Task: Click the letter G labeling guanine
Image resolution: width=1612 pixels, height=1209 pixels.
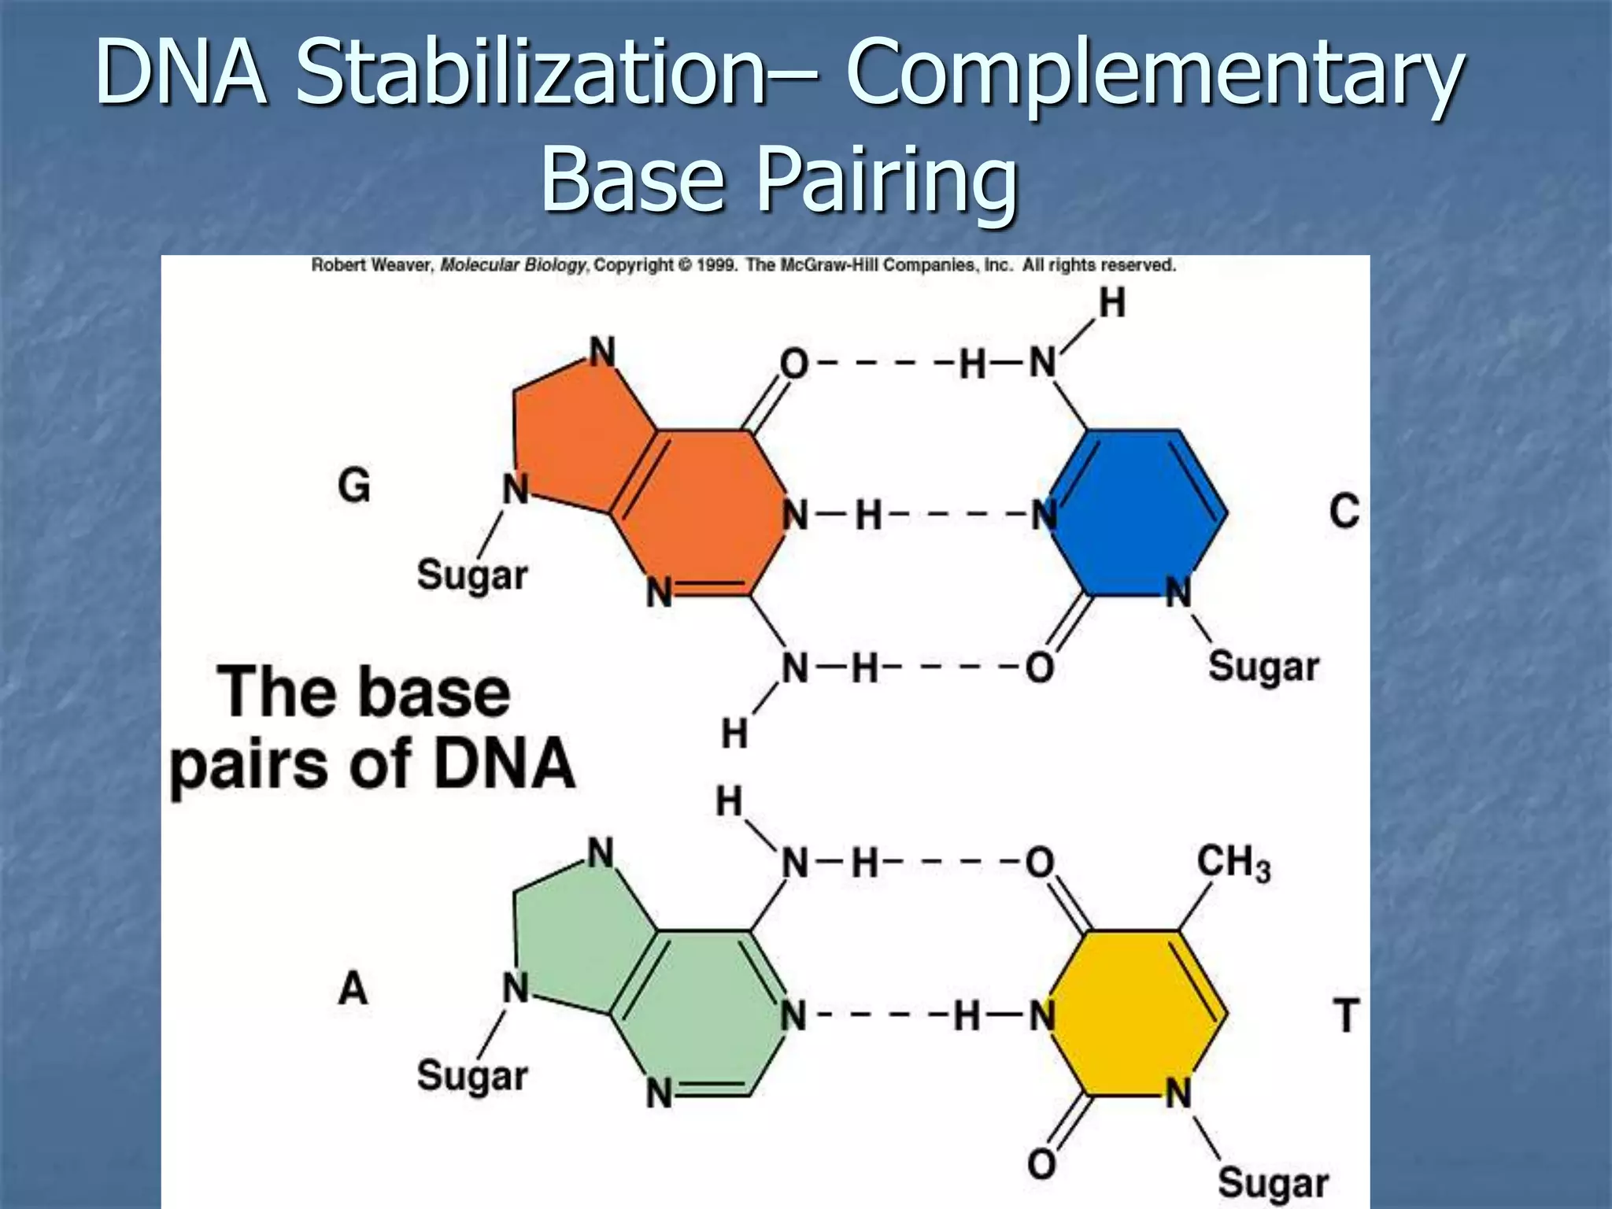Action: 354,485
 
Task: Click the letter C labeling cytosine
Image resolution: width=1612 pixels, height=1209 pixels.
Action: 1344,511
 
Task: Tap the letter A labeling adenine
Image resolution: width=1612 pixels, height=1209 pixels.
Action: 353,988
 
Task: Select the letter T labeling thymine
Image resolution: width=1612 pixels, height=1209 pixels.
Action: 1347,1015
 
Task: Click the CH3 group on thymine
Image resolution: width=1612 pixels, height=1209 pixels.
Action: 1233,863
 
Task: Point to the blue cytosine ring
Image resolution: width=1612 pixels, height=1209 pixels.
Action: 1137,512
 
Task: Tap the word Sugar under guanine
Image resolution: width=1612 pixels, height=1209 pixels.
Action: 472,575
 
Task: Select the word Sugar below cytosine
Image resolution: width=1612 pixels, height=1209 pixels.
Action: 1263,667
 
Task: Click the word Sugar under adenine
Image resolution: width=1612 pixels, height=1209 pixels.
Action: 472,1076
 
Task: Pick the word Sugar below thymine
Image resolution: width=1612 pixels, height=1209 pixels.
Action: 1273,1182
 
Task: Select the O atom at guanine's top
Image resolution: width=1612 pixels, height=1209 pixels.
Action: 793,364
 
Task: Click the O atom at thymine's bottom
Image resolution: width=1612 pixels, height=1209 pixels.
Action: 1041,1163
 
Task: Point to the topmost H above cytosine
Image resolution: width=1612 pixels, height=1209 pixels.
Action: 1111,303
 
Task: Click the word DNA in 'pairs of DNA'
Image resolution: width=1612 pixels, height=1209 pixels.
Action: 505,763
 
